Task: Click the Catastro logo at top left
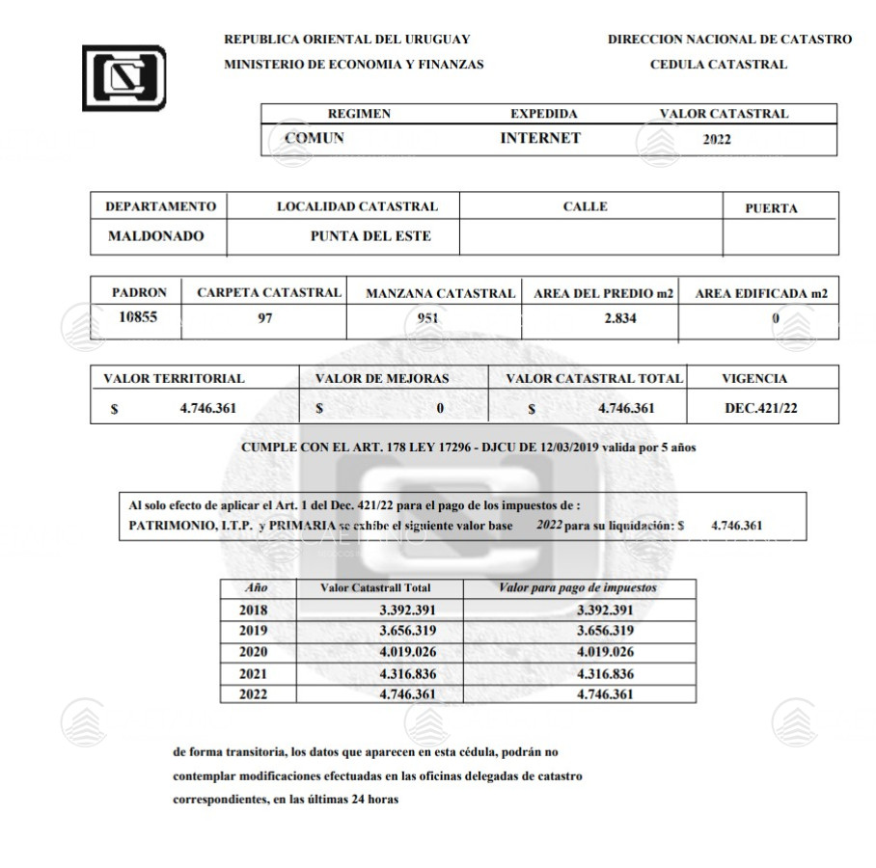point(123,76)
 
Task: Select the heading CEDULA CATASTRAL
point(719,65)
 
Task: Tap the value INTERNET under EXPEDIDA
point(540,138)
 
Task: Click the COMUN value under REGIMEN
point(315,138)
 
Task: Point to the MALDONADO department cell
point(156,236)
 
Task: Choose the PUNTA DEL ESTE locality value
point(370,236)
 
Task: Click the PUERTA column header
point(772,208)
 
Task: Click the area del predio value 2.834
point(605,319)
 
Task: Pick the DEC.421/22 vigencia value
point(761,408)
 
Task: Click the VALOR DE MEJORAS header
point(382,379)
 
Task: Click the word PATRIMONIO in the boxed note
point(167,526)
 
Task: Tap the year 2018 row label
point(253,610)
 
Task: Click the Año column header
point(256,587)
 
